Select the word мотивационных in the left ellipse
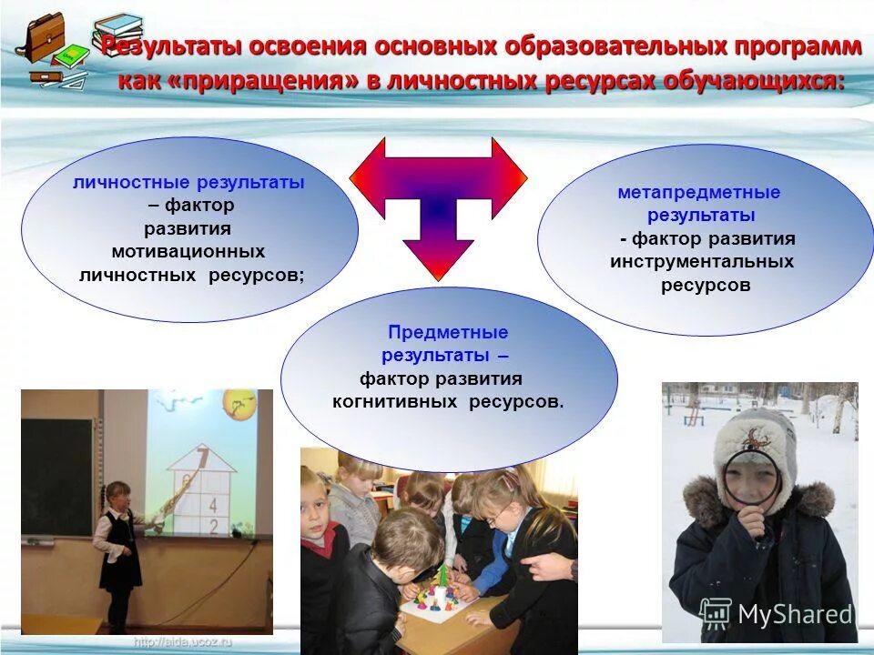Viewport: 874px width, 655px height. click(188, 251)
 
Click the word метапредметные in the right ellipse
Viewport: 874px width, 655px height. click(699, 193)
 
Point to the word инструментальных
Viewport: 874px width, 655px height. click(702, 262)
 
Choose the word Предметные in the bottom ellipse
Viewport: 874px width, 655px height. click(448, 333)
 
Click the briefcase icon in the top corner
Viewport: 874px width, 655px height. click(44, 38)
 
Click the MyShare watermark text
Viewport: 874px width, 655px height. click(794, 615)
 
